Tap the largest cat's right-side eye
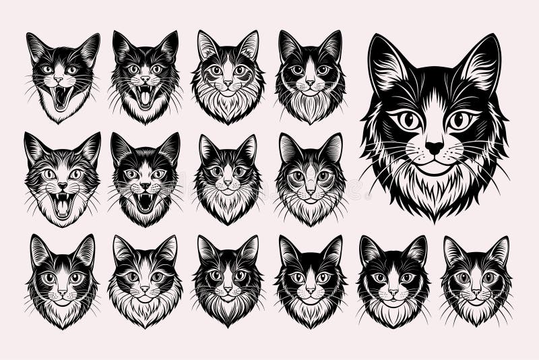coord(461,121)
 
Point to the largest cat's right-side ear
coord(482,63)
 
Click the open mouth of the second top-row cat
coord(144,96)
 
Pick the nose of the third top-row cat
coord(228,83)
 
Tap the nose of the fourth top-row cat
coord(310,82)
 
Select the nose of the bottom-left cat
coord(62,291)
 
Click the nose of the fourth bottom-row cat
coord(310,289)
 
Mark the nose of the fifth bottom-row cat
coord(393,291)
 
